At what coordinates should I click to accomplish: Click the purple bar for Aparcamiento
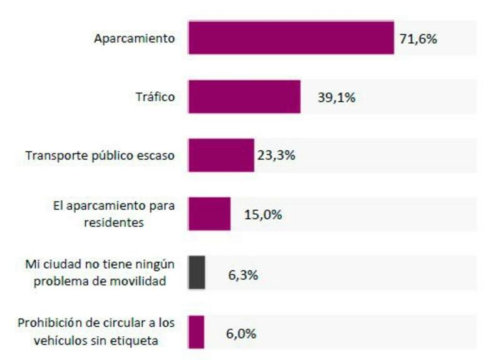pyautogui.click(x=291, y=38)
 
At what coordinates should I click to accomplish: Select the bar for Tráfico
pyautogui.click(x=244, y=96)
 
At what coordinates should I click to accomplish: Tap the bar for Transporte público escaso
pyautogui.click(x=221, y=155)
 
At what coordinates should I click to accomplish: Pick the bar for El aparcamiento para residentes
pyautogui.click(x=209, y=214)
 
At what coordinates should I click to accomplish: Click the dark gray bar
pyautogui.click(x=197, y=272)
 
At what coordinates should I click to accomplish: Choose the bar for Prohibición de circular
pyautogui.click(x=196, y=332)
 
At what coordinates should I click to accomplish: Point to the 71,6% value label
pyautogui.click(x=418, y=38)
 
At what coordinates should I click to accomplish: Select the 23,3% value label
pyautogui.click(x=276, y=156)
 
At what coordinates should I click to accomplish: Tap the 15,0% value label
pyautogui.click(x=262, y=215)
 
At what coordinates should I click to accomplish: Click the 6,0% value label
pyautogui.click(x=241, y=333)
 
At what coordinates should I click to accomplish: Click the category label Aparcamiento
pyautogui.click(x=134, y=38)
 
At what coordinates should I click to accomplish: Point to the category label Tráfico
pyautogui.click(x=155, y=97)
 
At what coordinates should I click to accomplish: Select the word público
pyautogui.click(x=110, y=156)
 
